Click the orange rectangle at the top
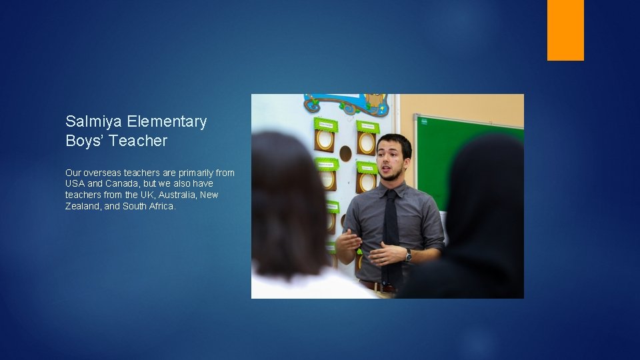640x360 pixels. (x=565, y=30)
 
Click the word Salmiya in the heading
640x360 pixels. (x=93, y=122)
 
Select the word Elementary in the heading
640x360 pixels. (x=167, y=122)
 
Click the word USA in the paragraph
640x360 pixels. (x=75, y=184)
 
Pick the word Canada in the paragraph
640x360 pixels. (x=121, y=184)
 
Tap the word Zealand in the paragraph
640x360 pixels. (x=83, y=207)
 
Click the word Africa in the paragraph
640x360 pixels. (x=161, y=207)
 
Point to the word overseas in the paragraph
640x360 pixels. (x=103, y=173)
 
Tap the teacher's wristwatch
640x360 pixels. (x=409, y=255)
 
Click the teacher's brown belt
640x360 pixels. (x=377, y=287)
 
